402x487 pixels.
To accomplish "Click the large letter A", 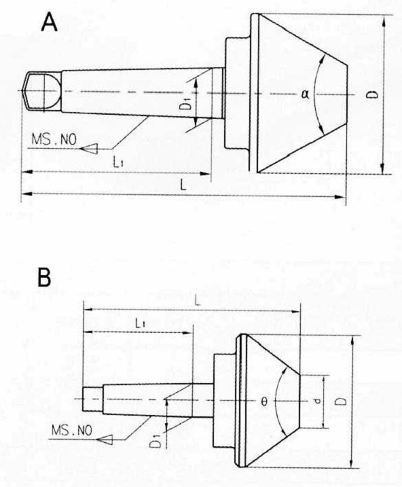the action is click(50, 22).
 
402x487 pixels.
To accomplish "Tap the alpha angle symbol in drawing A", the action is click(305, 94).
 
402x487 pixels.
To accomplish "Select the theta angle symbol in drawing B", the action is click(264, 402).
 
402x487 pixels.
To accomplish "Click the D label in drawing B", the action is click(341, 401).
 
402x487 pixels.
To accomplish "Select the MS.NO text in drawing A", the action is click(54, 139).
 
